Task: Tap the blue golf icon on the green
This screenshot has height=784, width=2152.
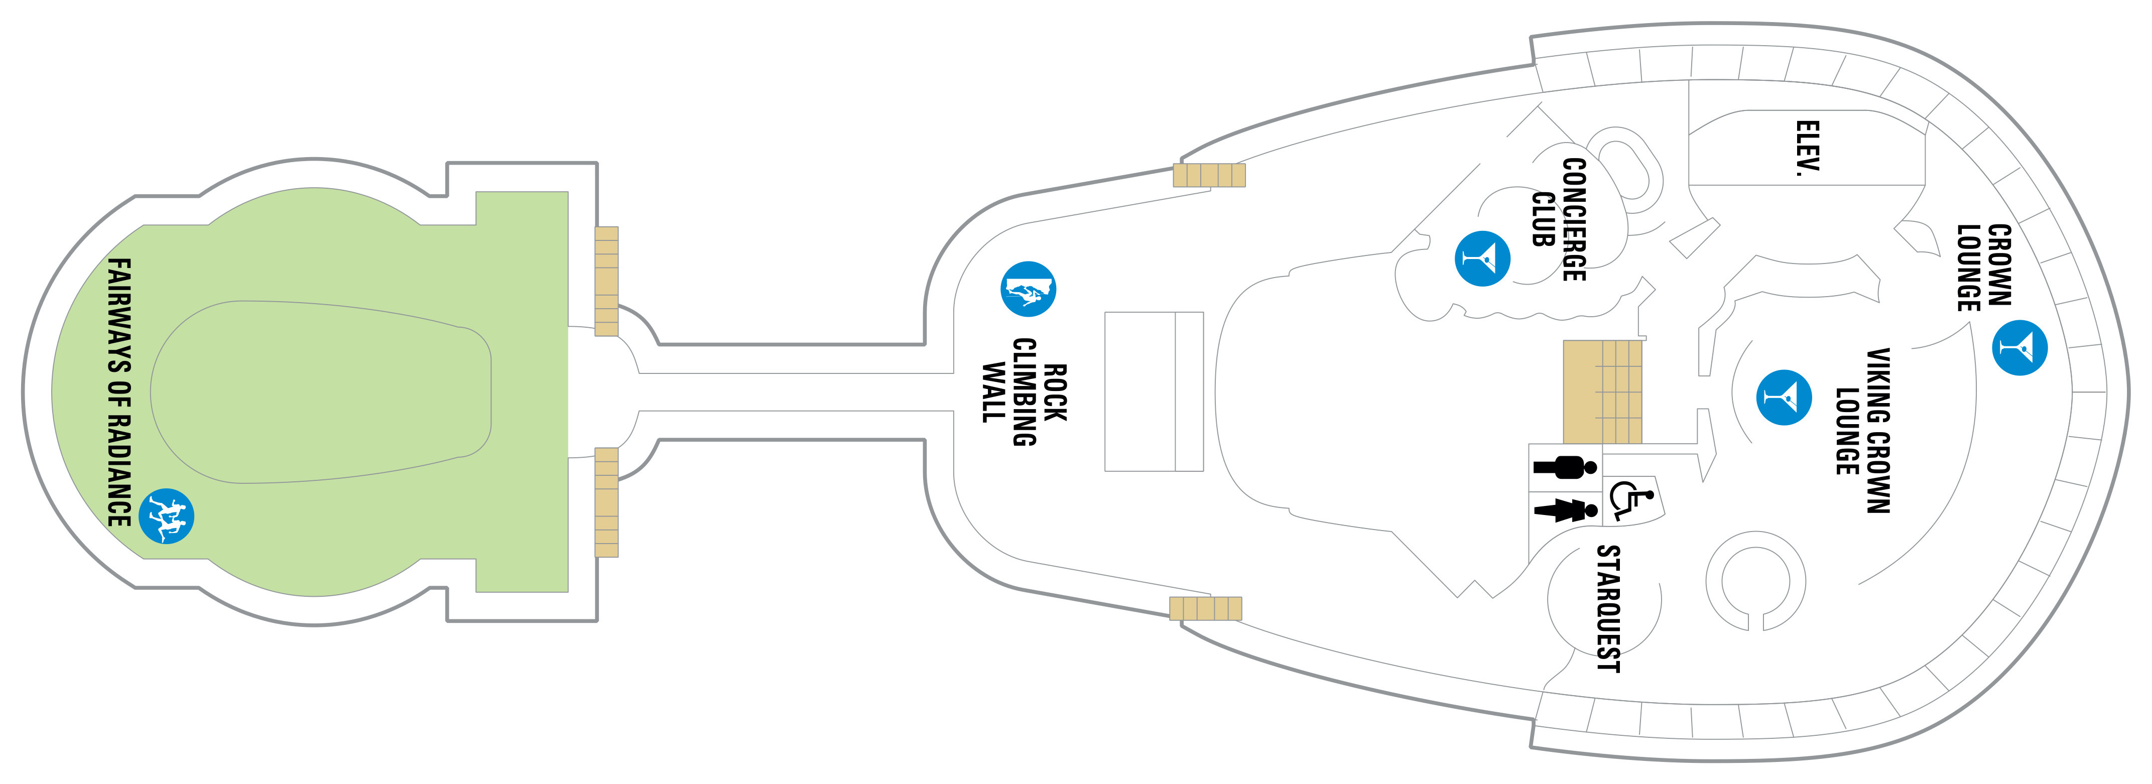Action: point(166,516)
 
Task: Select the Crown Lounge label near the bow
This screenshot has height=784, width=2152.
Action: point(1984,267)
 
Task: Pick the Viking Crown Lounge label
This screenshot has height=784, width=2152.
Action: point(1863,430)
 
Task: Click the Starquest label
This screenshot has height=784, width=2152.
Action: point(1608,608)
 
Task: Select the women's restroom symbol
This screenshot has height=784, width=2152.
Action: point(1565,509)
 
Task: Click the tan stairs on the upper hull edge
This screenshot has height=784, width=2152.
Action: point(1209,175)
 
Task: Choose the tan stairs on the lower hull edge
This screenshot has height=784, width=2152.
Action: point(1205,609)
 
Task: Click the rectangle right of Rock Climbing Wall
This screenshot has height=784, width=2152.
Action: point(1154,391)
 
